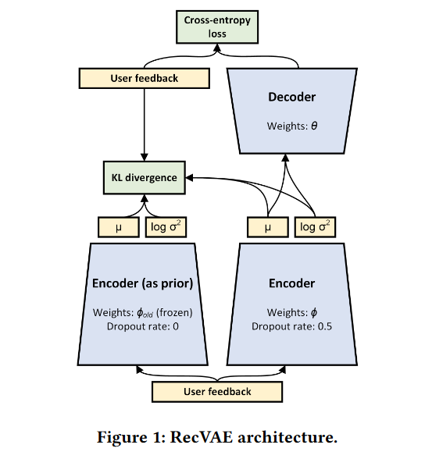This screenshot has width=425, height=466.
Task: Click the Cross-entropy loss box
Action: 217,27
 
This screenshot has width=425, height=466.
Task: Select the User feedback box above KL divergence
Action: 145,78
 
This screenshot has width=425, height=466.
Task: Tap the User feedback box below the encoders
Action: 217,392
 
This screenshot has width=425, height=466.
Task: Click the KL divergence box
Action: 145,178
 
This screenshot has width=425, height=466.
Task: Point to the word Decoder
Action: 291,97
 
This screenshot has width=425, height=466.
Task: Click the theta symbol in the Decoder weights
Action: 314,126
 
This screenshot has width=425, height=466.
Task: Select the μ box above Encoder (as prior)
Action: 119,227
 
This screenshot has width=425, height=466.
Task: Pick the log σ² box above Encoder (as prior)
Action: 166,227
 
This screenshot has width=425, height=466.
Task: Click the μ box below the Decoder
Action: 268,227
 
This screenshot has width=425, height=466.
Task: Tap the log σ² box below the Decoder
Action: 315,227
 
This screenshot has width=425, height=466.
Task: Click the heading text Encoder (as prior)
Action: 142,283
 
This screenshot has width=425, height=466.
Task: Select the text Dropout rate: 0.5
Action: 291,326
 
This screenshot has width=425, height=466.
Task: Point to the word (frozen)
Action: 174,312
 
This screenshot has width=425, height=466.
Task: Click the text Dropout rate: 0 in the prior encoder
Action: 142,326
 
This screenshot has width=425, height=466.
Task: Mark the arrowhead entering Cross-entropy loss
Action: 217,48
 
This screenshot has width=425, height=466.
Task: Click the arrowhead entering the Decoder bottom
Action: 285,158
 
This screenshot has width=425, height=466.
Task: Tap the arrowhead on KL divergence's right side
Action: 189,178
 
